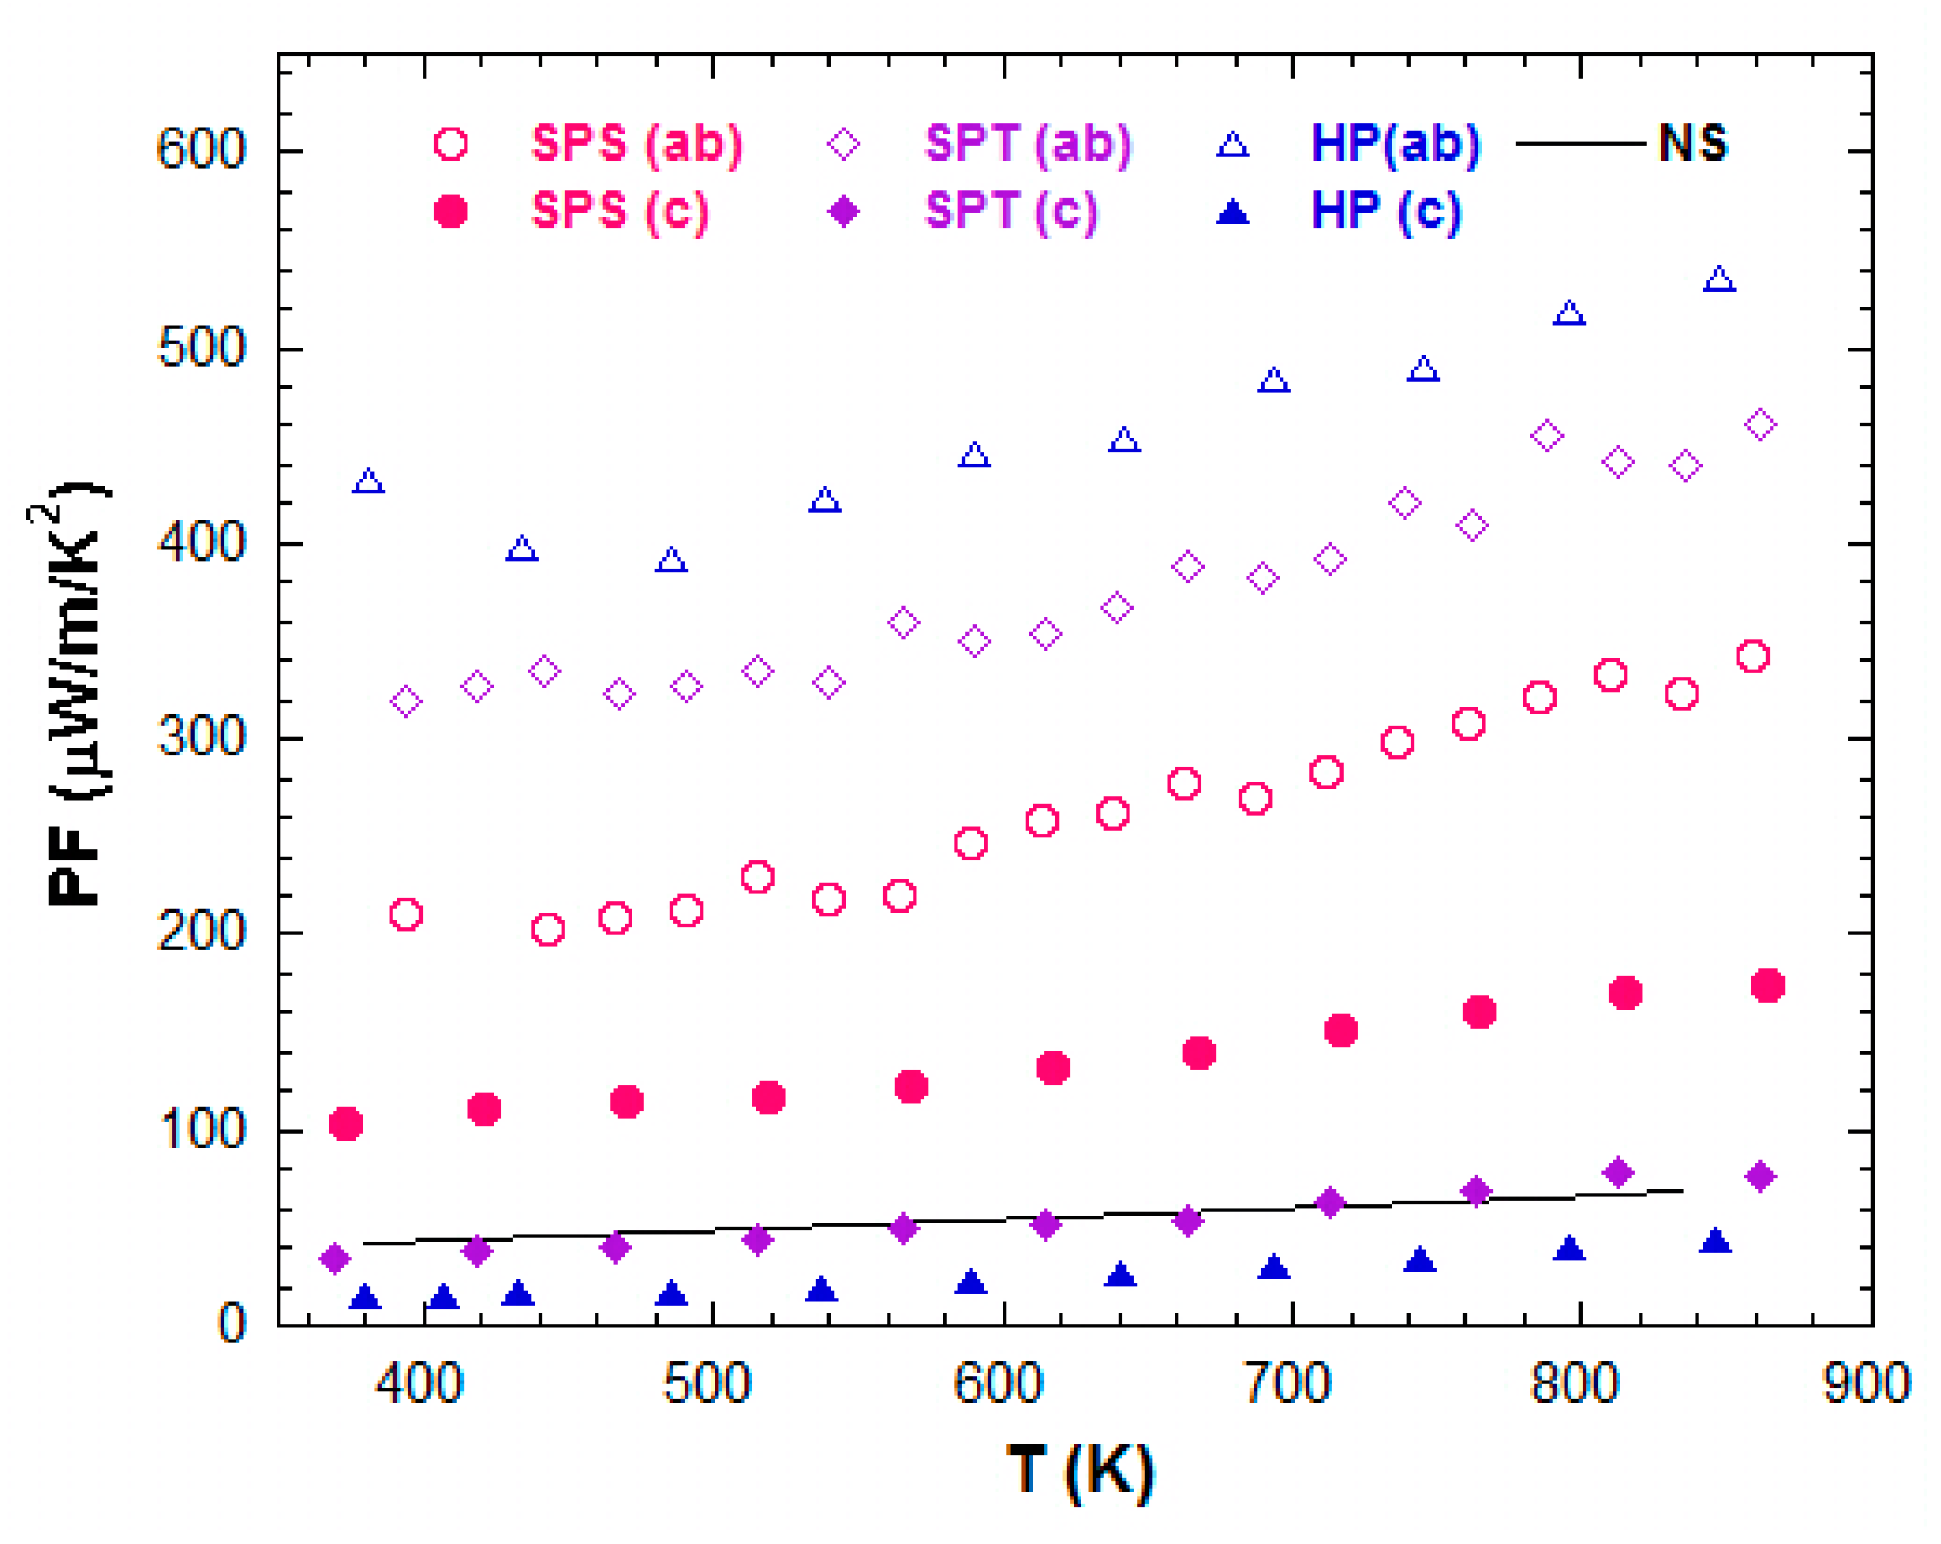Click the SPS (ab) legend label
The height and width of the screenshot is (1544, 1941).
tap(638, 143)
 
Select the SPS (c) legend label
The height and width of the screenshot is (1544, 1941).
tap(620, 210)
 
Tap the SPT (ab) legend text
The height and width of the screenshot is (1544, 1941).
tap(1028, 143)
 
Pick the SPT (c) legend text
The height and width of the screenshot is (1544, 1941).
tap(1012, 210)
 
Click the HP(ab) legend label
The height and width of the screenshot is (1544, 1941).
tap(1394, 143)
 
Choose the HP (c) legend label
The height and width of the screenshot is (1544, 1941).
tap(1385, 210)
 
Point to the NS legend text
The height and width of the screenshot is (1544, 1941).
tap(1693, 142)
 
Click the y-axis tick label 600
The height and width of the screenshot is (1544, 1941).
tap(201, 148)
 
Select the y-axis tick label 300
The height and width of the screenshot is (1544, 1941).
tap(201, 737)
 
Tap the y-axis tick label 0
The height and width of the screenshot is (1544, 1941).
tap(232, 1323)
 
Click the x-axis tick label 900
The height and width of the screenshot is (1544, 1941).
tap(1866, 1383)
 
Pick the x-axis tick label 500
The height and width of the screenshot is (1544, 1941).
tap(707, 1383)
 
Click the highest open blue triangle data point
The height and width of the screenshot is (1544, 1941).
tap(1718, 280)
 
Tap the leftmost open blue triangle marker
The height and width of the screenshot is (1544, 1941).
tap(369, 482)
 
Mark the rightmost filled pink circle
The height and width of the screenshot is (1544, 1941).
tap(1767, 986)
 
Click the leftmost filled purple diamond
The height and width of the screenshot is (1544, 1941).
tap(335, 1258)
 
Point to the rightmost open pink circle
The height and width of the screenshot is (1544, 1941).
tap(1752, 657)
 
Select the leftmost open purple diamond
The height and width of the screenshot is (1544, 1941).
tap(406, 700)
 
